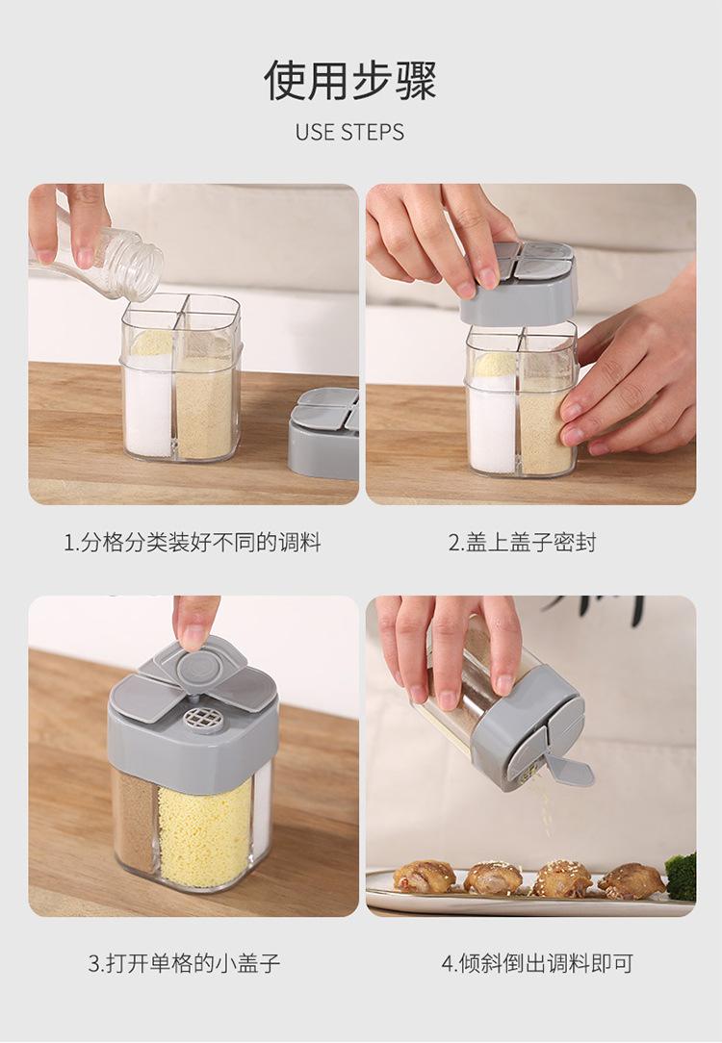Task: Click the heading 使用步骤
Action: [x=350, y=81]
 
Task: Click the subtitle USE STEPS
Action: [x=350, y=133]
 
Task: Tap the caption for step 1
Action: [x=193, y=543]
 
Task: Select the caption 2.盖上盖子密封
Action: [x=522, y=543]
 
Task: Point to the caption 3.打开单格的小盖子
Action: [x=184, y=963]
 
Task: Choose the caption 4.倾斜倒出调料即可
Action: [x=537, y=963]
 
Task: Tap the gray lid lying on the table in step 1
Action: [x=324, y=432]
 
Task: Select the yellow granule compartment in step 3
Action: [x=205, y=832]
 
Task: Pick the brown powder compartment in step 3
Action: [x=136, y=822]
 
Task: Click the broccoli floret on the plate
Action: [x=681, y=877]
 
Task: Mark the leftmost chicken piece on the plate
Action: [x=425, y=876]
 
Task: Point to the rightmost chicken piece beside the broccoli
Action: [x=631, y=881]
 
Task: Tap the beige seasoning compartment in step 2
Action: [x=546, y=432]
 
